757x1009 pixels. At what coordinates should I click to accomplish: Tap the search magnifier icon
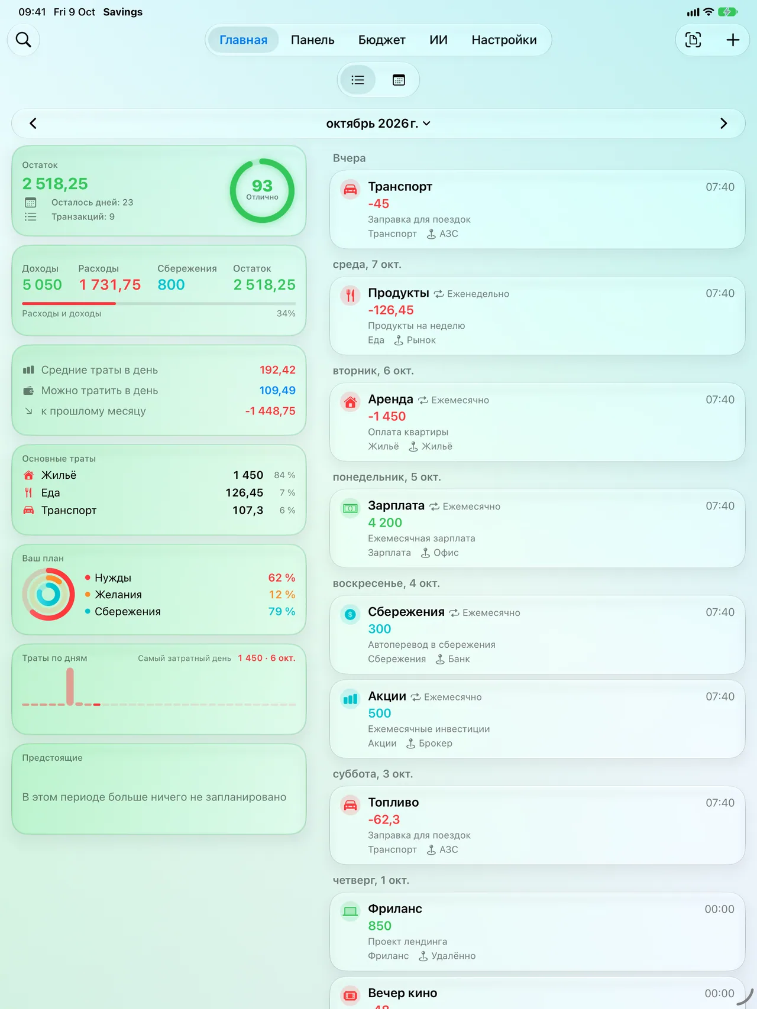24,40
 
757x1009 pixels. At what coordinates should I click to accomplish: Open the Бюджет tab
381,40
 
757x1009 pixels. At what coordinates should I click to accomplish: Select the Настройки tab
504,40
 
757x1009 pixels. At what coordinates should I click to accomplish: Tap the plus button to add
733,40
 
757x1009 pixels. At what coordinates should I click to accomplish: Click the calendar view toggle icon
399,80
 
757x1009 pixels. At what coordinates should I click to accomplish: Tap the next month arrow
723,124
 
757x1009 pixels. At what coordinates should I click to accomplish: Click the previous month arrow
33,124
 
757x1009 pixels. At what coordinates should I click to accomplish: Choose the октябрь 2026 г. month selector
378,124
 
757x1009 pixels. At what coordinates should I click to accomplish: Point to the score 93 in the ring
262,186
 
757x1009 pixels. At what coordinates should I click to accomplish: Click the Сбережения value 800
171,285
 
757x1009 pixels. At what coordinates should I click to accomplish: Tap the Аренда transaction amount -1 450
387,416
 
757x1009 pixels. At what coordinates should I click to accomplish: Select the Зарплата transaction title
396,505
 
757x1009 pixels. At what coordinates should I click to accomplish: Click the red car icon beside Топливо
350,804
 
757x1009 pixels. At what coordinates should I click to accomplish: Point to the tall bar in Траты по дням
70,686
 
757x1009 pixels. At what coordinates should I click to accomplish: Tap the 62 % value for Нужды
282,578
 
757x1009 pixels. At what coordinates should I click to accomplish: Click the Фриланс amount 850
380,926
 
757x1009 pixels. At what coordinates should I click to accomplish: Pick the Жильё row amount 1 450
248,475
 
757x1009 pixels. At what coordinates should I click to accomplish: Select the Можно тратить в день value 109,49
277,390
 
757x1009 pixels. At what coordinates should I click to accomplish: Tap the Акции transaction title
387,696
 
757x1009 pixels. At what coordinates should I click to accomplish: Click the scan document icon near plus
693,40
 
